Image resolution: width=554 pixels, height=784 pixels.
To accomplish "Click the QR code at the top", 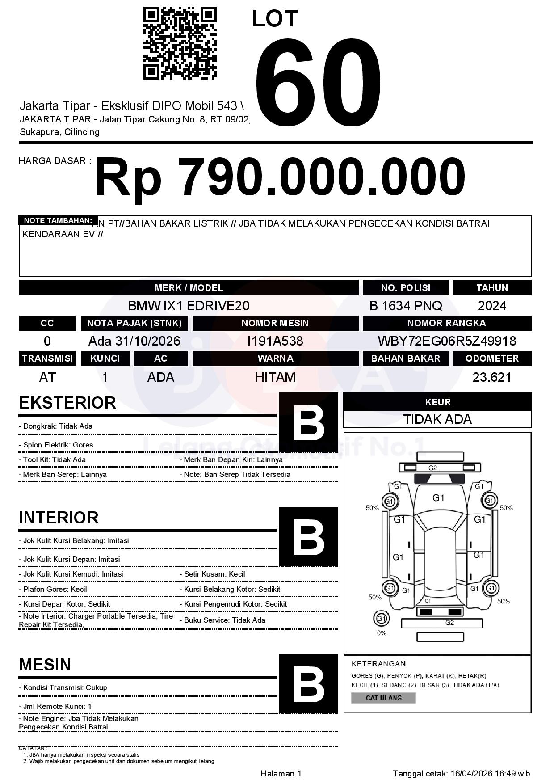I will coord(180,43).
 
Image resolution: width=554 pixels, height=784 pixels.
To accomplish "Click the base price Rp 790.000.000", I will coord(280,177).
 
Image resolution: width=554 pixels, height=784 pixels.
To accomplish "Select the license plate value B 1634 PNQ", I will coord(406,306).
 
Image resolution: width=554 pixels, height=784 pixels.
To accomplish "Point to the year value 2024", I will coord(492,306).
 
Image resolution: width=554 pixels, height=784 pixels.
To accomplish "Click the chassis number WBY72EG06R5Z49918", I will coord(447,341).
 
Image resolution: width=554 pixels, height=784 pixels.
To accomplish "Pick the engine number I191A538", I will coord(275,341).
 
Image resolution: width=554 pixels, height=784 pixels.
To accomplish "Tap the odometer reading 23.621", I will coord(492,377).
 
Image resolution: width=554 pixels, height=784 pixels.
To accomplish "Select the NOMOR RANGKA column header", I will coord(447,323).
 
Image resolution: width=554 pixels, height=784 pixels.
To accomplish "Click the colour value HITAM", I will coord(275,377).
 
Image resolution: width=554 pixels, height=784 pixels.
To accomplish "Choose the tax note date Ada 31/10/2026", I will coord(134,341).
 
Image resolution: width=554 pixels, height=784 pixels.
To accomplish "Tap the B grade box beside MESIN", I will coord(308,684).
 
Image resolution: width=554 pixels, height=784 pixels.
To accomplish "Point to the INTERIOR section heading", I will coord(59,518).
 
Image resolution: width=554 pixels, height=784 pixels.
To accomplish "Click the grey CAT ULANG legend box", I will coord(383,698).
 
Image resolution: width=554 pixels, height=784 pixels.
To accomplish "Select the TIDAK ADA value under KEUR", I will coord(437,419).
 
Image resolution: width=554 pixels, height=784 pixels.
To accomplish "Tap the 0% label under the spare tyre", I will coord(382,633).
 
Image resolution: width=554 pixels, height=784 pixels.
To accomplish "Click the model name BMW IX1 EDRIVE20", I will coord(189,306).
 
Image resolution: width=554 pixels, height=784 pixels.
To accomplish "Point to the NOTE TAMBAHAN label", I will coord(58,220).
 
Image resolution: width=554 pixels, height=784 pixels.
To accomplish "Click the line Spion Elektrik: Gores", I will coord(56,445).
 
